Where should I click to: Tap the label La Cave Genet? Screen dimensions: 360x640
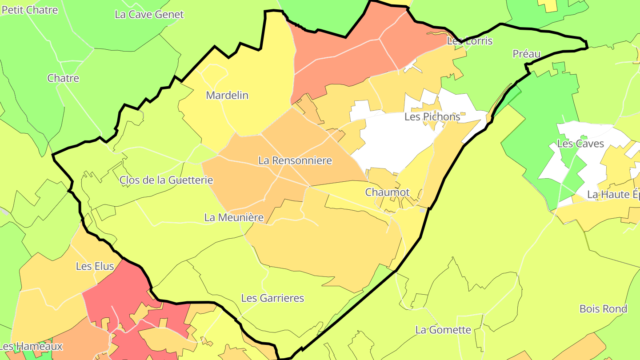(149, 14)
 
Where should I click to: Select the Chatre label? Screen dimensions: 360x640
(63, 78)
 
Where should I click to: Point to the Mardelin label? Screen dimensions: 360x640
(227, 95)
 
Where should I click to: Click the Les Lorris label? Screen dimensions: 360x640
(469, 41)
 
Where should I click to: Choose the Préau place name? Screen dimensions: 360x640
(526, 54)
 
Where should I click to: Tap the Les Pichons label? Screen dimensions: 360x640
(432, 116)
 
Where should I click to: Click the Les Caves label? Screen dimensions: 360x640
(580, 144)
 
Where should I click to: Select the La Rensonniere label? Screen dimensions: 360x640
(295, 160)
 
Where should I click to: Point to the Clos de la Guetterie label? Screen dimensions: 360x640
(166, 180)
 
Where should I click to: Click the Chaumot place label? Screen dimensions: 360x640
(387, 192)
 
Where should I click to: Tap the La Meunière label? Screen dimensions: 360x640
(234, 217)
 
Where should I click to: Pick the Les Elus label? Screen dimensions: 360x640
(95, 266)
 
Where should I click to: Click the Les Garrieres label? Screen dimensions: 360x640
(272, 298)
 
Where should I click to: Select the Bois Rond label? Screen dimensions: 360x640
(603, 308)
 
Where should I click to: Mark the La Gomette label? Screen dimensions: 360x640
(443, 330)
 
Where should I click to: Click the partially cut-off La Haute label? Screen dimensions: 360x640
(613, 194)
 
